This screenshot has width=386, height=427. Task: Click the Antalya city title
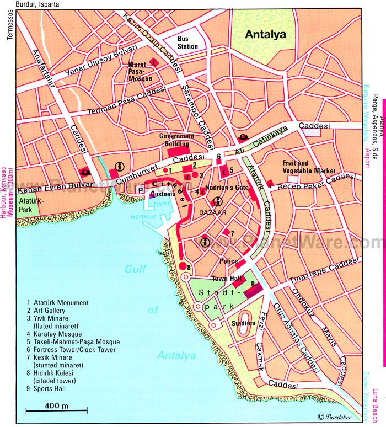(x=265, y=34)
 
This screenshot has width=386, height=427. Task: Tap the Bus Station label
(x=187, y=42)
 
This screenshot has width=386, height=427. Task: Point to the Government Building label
(x=176, y=139)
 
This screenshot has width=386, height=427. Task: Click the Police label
(x=228, y=261)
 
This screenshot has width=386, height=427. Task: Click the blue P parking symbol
(x=140, y=190)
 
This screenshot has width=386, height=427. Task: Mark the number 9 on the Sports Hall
(x=252, y=284)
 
